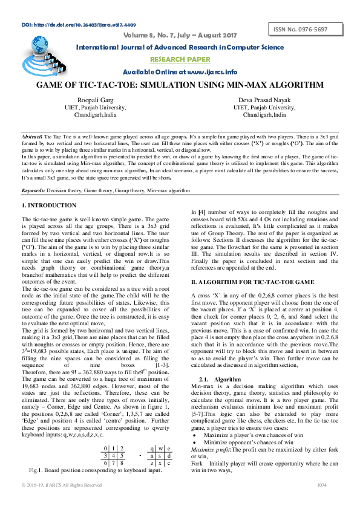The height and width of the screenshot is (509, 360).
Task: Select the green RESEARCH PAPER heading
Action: tap(180, 59)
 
